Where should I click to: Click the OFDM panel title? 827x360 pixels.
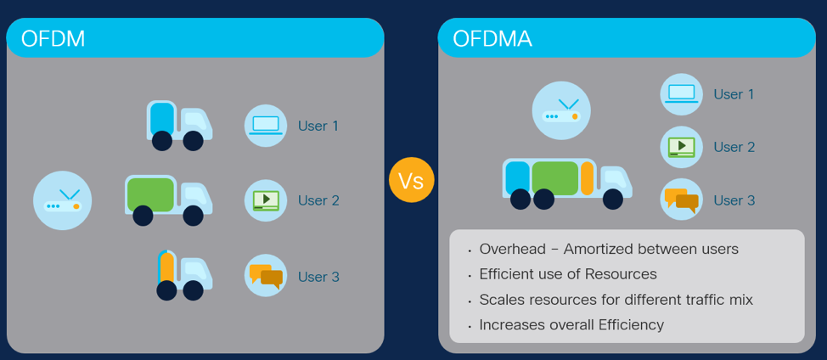pyautogui.click(x=53, y=38)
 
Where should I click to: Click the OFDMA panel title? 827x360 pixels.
pyautogui.click(x=492, y=38)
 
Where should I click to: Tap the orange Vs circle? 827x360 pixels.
pyautogui.click(x=412, y=180)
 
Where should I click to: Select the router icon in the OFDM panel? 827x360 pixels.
pyautogui.click(x=62, y=200)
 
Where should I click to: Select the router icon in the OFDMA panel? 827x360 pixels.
pyautogui.click(x=561, y=110)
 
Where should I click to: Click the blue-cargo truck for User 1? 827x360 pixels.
pyautogui.click(x=179, y=126)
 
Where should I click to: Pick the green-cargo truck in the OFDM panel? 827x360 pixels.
pyautogui.click(x=169, y=200)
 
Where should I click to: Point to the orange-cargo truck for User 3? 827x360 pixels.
pyautogui.click(x=184, y=275)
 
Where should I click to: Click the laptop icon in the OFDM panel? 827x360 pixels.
pyautogui.click(x=266, y=126)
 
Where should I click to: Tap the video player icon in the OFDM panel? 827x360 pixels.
pyautogui.click(x=266, y=200)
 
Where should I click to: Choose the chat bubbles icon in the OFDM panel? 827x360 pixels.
pyautogui.click(x=266, y=276)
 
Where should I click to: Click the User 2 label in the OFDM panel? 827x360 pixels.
pyautogui.click(x=318, y=200)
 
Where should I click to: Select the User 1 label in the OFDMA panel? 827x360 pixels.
pyautogui.click(x=734, y=94)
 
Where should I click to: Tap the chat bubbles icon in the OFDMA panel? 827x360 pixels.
pyautogui.click(x=682, y=200)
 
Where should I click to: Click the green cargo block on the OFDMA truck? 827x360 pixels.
pyautogui.click(x=555, y=178)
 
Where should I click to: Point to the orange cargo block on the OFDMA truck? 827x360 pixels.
pyautogui.click(x=587, y=178)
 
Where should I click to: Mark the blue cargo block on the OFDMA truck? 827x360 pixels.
pyautogui.click(x=517, y=178)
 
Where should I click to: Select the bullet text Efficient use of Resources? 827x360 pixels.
pyautogui.click(x=568, y=274)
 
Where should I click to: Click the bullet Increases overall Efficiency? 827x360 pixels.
pyautogui.click(x=571, y=324)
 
